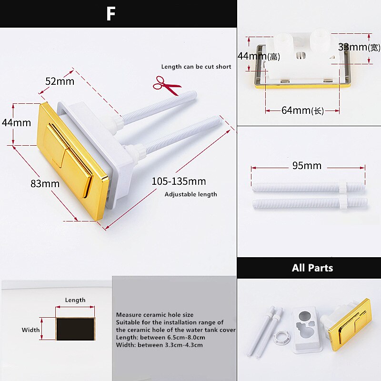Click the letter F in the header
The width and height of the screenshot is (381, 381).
pyautogui.click(x=110, y=14)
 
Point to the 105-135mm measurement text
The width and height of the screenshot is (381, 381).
pyautogui.click(x=179, y=181)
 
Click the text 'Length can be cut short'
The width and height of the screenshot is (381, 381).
pyautogui.click(x=196, y=67)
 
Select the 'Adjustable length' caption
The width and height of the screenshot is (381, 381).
pyautogui.click(x=190, y=194)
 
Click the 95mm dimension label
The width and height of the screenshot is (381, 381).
pyautogui.click(x=307, y=166)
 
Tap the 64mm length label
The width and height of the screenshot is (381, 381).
pyautogui.click(x=302, y=110)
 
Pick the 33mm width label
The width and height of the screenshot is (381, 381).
pyautogui.click(x=352, y=47)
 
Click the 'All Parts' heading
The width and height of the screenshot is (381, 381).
pyautogui.click(x=312, y=268)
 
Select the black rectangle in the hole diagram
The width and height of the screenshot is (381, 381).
pyautogui.click(x=75, y=329)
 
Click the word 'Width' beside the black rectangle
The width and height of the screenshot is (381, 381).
pyautogui.click(x=31, y=330)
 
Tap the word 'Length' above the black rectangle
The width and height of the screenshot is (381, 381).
pyautogui.click(x=75, y=300)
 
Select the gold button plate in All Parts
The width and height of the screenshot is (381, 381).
pyautogui.click(x=352, y=322)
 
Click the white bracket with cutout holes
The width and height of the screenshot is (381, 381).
pyautogui.click(x=307, y=325)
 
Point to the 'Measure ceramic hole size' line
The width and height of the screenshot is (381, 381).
pyautogui.click(x=155, y=315)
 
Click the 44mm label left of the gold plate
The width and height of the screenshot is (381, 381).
pyautogui.click(x=16, y=123)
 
